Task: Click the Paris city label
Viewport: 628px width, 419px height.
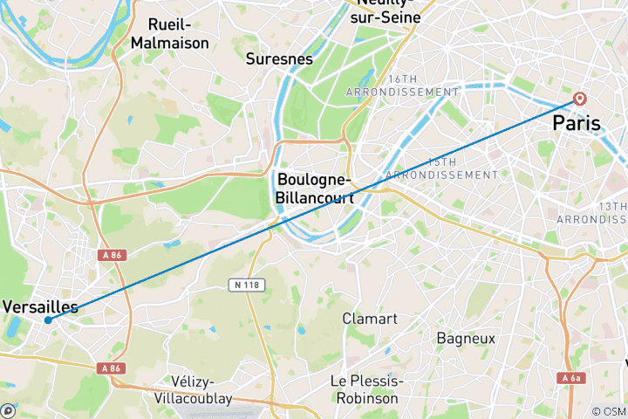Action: pos(577,124)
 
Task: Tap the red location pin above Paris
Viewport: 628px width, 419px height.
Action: pos(580,99)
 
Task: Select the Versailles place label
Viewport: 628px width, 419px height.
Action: pos(40,306)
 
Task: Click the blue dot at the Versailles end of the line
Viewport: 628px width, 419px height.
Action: pos(47,319)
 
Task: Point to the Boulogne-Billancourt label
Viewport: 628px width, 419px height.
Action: pos(316,189)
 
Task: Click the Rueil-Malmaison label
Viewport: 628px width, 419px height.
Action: pos(169,33)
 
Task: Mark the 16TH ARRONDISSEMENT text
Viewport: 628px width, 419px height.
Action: pos(402,85)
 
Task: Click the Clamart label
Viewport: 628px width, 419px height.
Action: pos(370,319)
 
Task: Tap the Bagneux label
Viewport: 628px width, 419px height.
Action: pos(466,338)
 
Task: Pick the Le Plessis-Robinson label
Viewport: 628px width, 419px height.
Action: pos(365,389)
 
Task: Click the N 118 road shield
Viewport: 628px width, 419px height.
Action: pos(248,285)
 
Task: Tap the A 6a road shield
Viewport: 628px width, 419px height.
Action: pos(570,378)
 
